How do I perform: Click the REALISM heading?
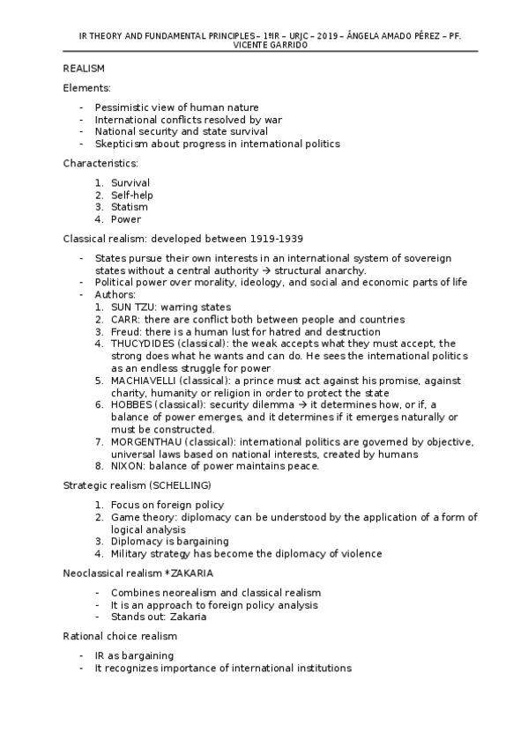(x=84, y=68)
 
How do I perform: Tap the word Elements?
(x=86, y=88)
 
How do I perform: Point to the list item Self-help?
(x=130, y=195)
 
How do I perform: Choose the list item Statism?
(x=129, y=207)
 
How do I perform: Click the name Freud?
(x=124, y=331)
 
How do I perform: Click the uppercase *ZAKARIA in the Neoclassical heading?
(x=190, y=573)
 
